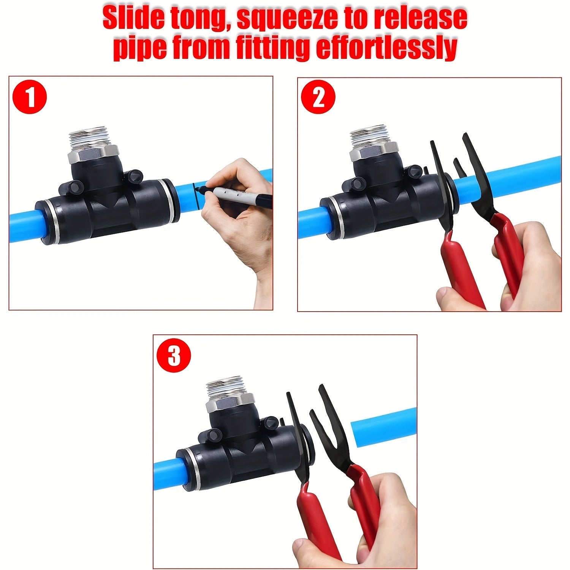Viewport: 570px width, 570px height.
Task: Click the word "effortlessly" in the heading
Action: (387, 48)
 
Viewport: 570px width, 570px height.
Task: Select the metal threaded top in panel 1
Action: (94, 140)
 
